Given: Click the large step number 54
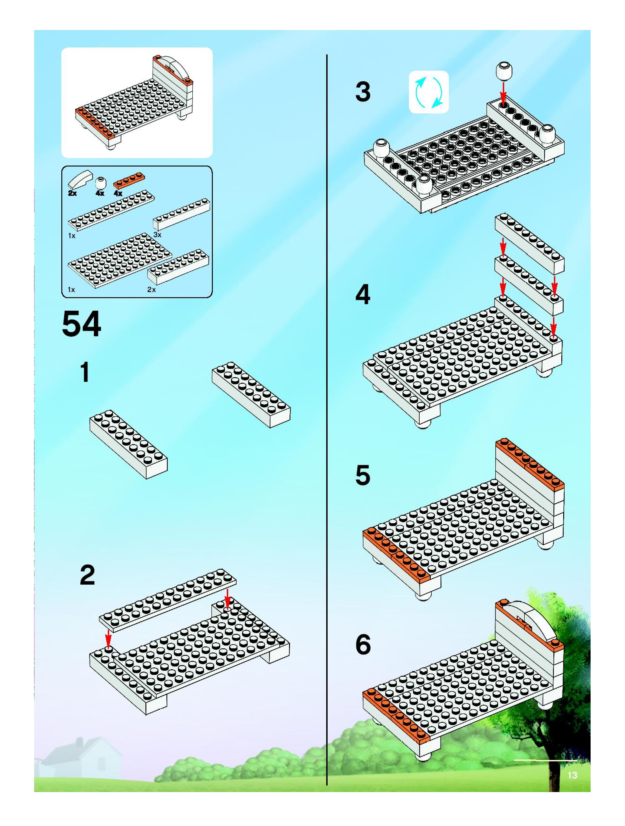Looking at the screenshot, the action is [x=81, y=324].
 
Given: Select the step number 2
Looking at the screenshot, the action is [x=87, y=575].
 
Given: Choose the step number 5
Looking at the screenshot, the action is [x=363, y=475].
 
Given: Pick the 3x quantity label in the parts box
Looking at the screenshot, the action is [x=158, y=234].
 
